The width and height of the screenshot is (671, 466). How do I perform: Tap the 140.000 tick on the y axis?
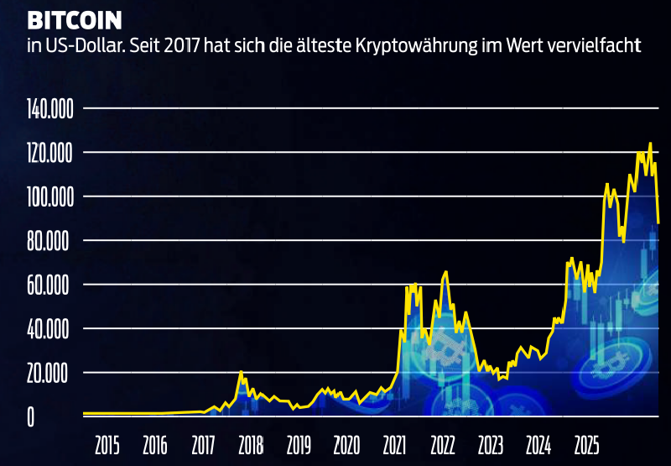coord(51,109)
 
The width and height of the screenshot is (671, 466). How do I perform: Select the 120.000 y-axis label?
coord(51,153)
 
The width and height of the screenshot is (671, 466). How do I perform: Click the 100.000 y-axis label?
coord(51,197)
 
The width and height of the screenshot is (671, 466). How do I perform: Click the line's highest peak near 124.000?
coord(650,144)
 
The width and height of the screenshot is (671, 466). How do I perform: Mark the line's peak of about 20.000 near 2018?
coord(241,372)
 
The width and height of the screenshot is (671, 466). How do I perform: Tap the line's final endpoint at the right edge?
coord(658,223)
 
